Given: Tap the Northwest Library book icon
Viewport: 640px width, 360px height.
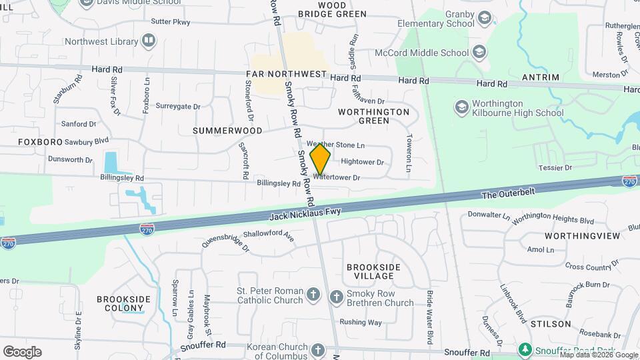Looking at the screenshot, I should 149,41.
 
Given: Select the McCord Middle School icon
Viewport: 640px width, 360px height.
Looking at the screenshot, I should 479,53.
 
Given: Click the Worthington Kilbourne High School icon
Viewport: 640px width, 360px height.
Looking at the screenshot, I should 461,107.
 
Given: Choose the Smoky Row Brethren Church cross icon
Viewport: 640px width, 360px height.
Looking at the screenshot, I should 337,297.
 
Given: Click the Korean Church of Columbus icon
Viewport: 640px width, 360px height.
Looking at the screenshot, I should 318,349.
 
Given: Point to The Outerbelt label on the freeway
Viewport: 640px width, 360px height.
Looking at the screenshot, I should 508,195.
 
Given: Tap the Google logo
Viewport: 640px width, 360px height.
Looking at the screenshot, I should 22,351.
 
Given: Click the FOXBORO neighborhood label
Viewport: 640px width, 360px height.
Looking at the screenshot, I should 40,142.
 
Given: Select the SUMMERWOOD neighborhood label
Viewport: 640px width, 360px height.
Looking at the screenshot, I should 227,131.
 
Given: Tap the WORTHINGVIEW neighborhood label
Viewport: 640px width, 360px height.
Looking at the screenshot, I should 582,236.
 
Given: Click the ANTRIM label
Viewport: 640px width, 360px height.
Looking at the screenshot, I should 541,77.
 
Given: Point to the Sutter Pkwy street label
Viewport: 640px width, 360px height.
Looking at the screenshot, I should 171,22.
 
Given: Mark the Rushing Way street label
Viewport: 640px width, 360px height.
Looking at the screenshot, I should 361,322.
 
